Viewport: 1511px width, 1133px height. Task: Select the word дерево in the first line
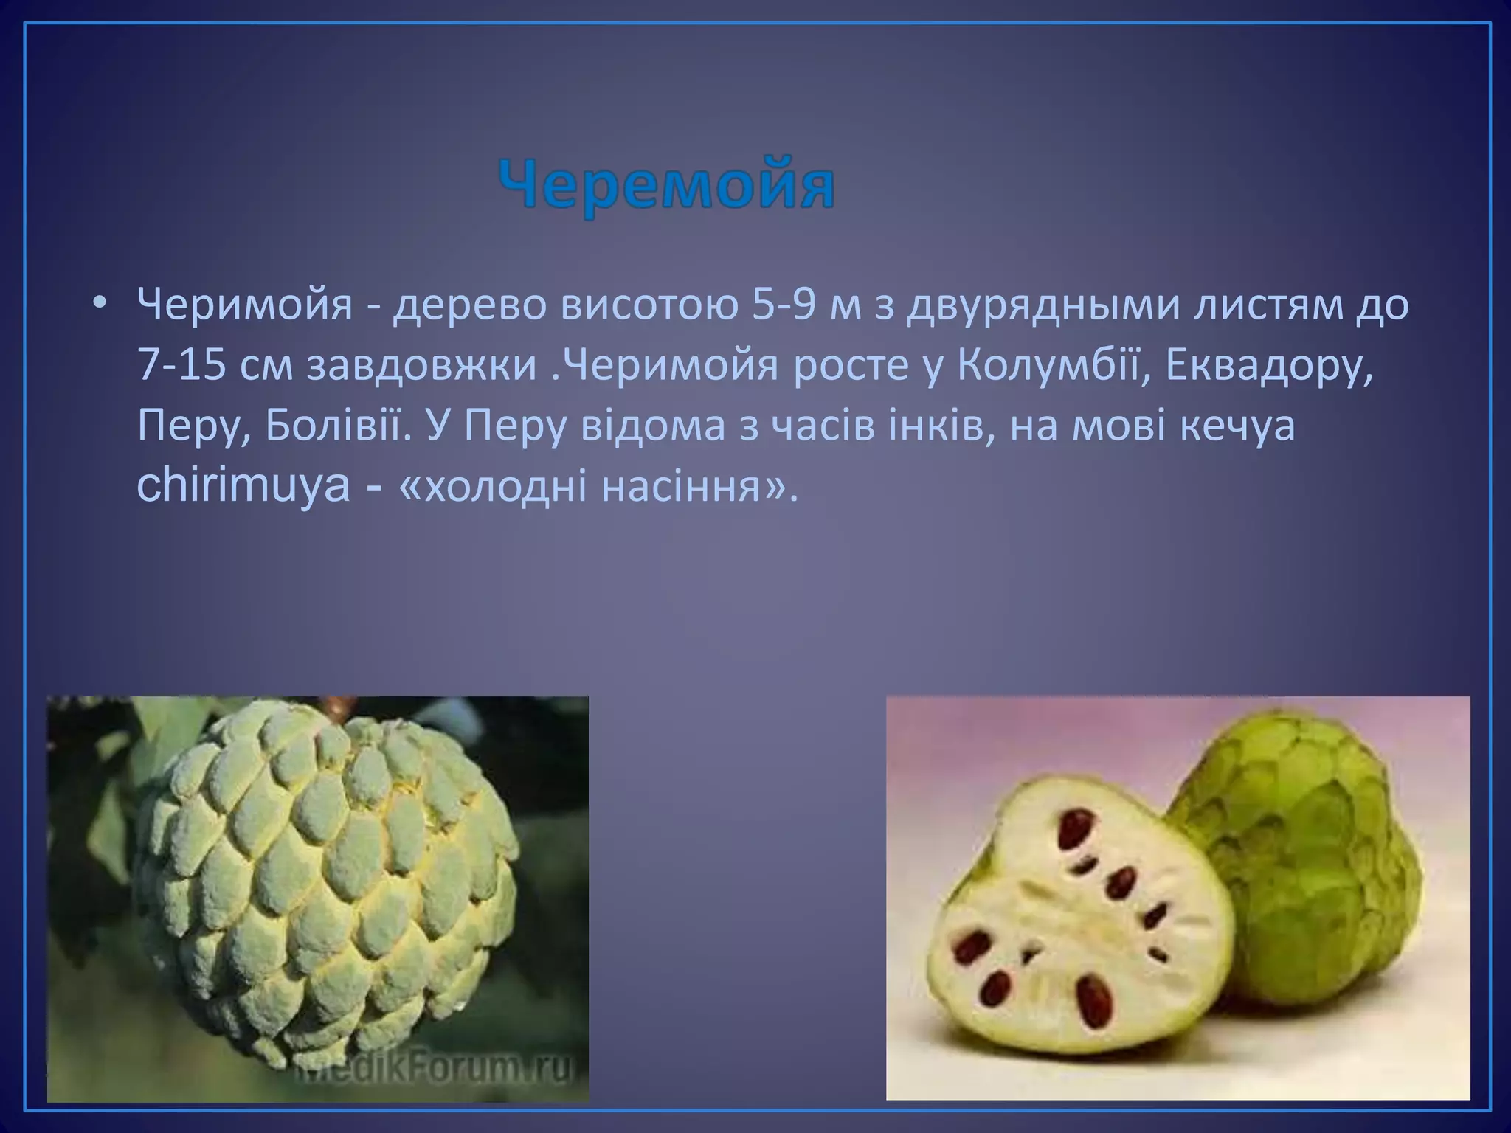point(468,307)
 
